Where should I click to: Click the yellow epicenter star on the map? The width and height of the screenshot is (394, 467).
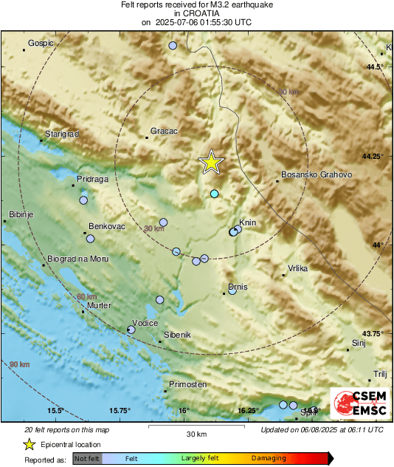click(212, 162)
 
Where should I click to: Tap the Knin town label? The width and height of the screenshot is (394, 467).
click(247, 222)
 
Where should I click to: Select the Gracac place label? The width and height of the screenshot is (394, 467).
click(164, 131)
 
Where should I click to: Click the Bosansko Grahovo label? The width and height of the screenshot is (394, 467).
click(317, 175)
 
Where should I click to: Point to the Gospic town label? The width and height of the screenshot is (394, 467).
click(41, 43)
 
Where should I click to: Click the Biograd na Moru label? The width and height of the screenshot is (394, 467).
click(77, 259)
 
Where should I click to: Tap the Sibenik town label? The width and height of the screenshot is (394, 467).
click(177, 335)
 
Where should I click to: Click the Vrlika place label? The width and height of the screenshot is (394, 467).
click(298, 269)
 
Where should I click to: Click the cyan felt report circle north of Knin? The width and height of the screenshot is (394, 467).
click(215, 194)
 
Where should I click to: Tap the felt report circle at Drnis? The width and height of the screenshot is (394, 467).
click(232, 290)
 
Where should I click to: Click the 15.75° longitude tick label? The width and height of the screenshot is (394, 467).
click(121, 410)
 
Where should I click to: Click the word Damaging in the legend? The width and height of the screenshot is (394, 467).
click(269, 458)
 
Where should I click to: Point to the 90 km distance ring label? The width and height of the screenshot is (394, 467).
click(20, 364)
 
